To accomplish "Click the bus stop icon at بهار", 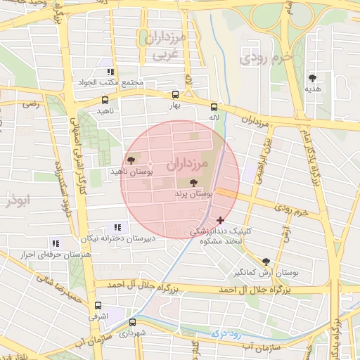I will coord(175,95).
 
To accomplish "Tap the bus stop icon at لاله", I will coord(213,107).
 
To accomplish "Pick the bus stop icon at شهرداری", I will coord(132,322).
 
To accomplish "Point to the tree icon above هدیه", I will coord(312,78).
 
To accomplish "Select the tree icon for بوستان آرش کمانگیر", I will coord(266,260).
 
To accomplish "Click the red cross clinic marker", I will coord(221,220).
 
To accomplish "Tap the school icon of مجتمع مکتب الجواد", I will coord(110,72).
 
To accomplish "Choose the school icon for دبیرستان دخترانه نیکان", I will coord(117,227).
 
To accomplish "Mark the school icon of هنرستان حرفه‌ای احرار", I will coord(56,243).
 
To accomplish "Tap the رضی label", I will coord(30,104).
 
